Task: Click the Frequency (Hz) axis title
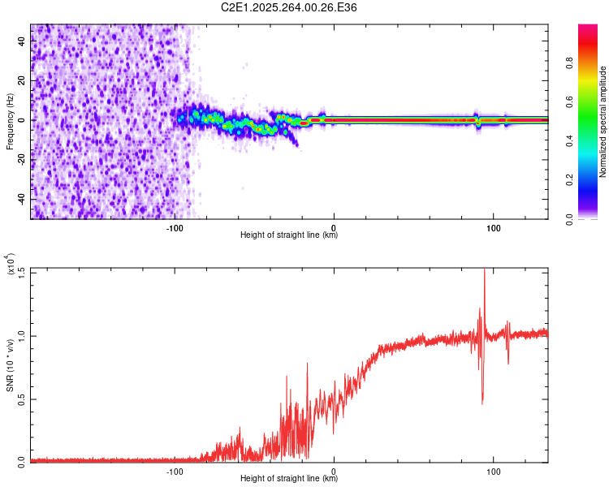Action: [10, 122]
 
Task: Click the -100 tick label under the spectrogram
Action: [174, 227]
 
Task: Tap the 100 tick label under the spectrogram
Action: [493, 227]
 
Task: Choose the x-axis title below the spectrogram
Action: [289, 235]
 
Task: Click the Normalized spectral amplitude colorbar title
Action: [603, 122]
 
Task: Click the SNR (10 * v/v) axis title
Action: [11, 365]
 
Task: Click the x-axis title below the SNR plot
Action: [289, 479]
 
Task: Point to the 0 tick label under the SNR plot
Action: [334, 471]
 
